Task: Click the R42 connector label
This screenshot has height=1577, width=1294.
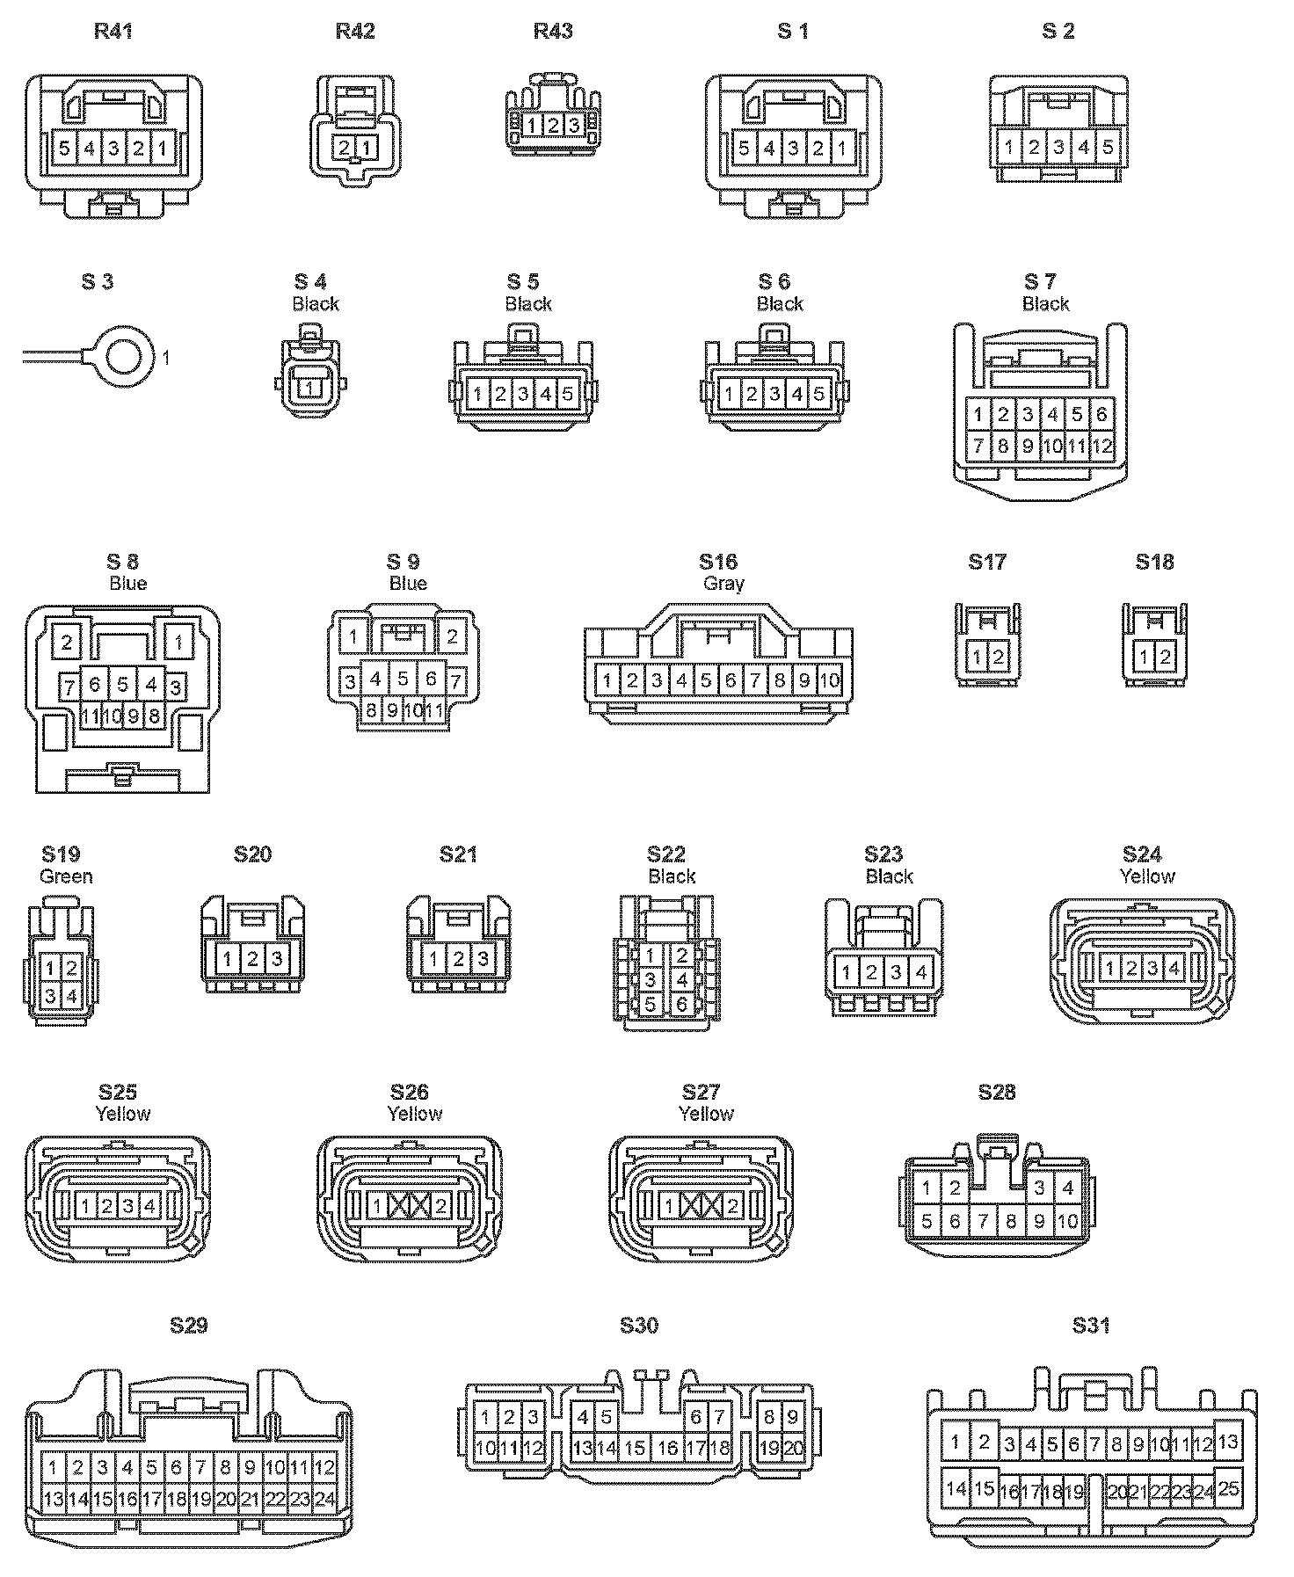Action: pyautogui.click(x=355, y=32)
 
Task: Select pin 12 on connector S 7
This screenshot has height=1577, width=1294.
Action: pyautogui.click(x=1102, y=447)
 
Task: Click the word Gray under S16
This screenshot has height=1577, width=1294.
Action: pyautogui.click(x=723, y=584)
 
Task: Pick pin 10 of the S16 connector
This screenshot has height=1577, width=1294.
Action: pyautogui.click(x=828, y=679)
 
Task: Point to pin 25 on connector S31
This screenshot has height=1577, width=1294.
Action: pyautogui.click(x=1228, y=1488)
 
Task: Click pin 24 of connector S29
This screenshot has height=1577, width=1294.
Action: pyautogui.click(x=324, y=1500)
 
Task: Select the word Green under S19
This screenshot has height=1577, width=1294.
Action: pyautogui.click(x=66, y=876)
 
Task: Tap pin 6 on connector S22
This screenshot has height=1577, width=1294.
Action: pyautogui.click(x=681, y=1003)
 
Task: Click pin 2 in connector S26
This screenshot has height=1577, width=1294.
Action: pyautogui.click(x=441, y=1207)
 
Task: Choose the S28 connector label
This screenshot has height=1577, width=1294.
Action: pyautogui.click(x=996, y=1093)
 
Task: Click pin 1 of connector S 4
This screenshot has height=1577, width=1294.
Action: pyautogui.click(x=310, y=387)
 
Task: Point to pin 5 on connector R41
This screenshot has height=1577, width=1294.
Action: pyautogui.click(x=64, y=148)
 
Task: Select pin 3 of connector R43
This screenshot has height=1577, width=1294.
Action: pyautogui.click(x=573, y=126)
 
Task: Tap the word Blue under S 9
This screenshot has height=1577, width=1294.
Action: pyautogui.click(x=408, y=584)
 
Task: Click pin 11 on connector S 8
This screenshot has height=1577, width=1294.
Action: pyautogui.click(x=91, y=716)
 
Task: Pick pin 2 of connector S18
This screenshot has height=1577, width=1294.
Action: pyautogui.click(x=1166, y=657)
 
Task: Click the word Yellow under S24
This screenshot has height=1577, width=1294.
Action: pyautogui.click(x=1147, y=876)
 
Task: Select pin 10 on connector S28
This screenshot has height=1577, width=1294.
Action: pyautogui.click(x=1067, y=1221)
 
